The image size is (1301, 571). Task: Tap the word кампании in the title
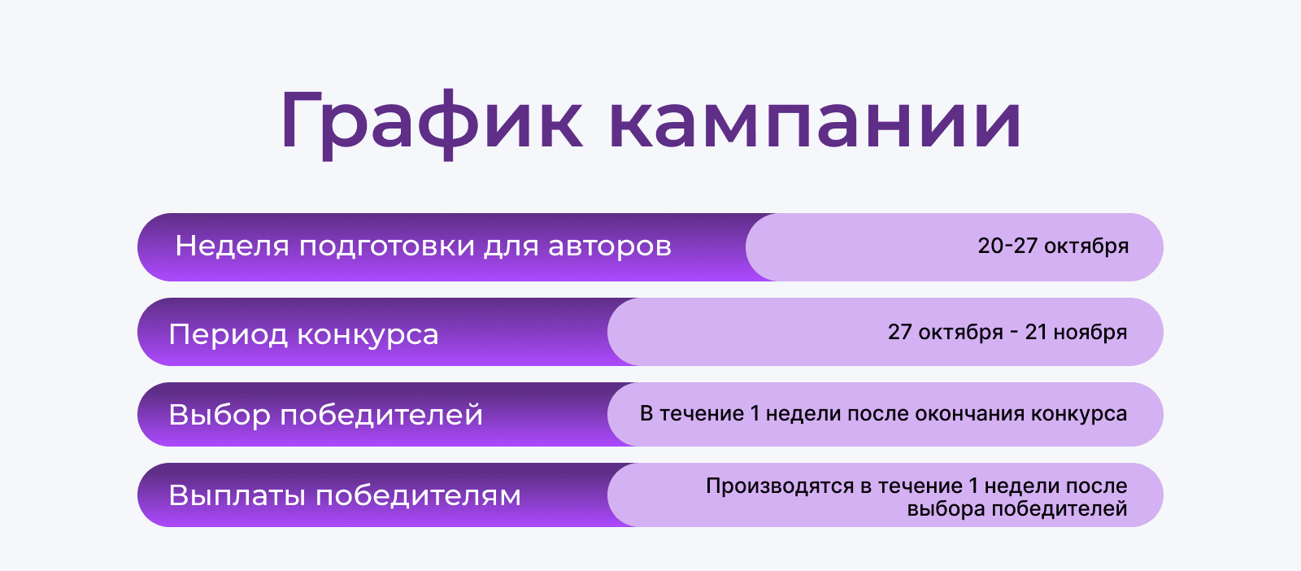pos(815,122)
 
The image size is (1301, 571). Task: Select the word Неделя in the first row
pos(232,246)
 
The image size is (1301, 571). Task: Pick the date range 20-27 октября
pos(1053,246)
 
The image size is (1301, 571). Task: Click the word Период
pos(228,334)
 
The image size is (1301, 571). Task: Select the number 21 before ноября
pos(1036,332)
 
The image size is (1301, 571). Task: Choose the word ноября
pos(1090,333)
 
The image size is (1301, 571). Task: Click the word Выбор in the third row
pos(220,415)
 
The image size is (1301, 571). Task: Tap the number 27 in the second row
pos(900,332)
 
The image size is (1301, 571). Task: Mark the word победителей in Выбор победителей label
pos(381,415)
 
